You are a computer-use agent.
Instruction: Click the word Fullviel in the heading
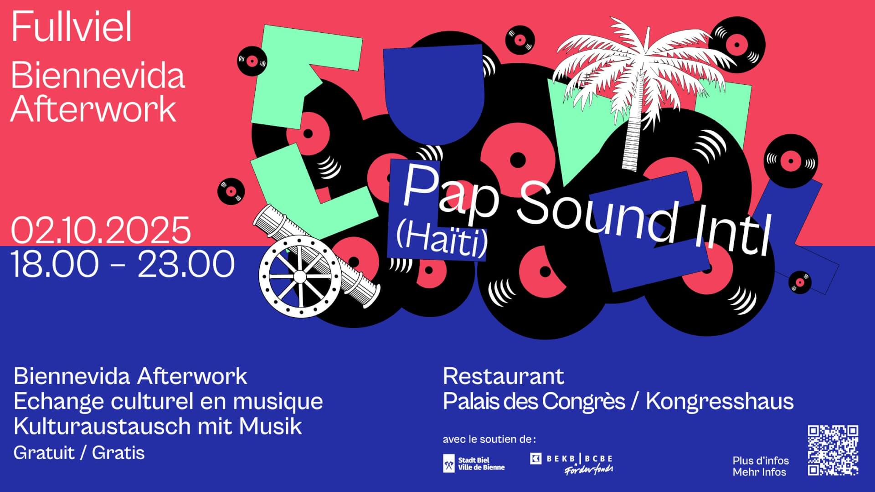pos(72,28)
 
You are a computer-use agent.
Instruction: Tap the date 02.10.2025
pos(101,231)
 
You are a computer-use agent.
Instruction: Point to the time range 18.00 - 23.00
pos(123,264)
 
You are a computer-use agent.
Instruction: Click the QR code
pos(833,450)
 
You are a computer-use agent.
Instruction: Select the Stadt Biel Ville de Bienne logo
pos(474,464)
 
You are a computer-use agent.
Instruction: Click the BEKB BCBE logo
pos(572,464)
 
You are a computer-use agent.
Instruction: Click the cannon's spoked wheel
pos(299,277)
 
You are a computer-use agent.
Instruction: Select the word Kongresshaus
pos(720,401)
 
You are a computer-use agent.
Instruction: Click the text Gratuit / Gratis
pos(79,453)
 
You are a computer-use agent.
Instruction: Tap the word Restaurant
pos(504,376)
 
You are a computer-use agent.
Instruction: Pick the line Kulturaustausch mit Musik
pos(158,426)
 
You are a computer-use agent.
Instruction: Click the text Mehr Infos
pos(759,472)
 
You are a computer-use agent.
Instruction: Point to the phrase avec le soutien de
pos(488,440)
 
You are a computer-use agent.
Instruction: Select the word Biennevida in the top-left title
pos(98,76)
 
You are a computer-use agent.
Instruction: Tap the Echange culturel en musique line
pos(168,401)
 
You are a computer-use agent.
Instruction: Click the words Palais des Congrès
pos(534,401)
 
